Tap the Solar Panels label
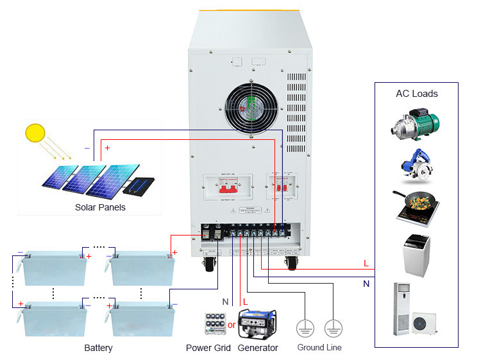point(100,207)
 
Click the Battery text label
point(98,348)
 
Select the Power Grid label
point(208,348)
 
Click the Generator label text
point(258,348)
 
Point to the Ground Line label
point(319,348)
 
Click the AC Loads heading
point(416,94)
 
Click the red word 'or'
point(232,325)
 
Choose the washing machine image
point(416,255)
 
